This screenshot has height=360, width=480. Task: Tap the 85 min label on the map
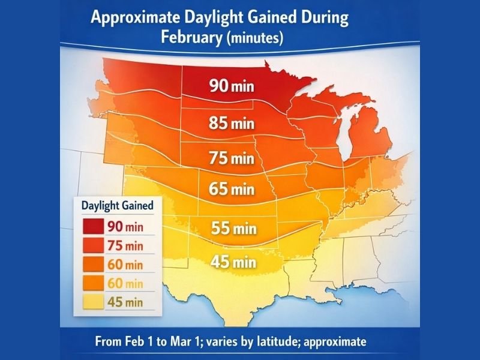coord(232,124)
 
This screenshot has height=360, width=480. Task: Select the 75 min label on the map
coord(232,159)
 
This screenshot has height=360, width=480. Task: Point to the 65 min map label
coord(232,190)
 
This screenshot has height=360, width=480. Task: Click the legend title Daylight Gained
coord(116,205)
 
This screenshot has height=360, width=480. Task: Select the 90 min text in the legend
coord(125,227)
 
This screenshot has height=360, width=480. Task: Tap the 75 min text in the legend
coord(125,245)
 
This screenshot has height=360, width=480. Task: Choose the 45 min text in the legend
coord(125,302)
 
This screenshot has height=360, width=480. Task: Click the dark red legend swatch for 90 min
coord(89,227)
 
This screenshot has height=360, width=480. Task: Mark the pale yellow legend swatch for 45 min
coord(89,302)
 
